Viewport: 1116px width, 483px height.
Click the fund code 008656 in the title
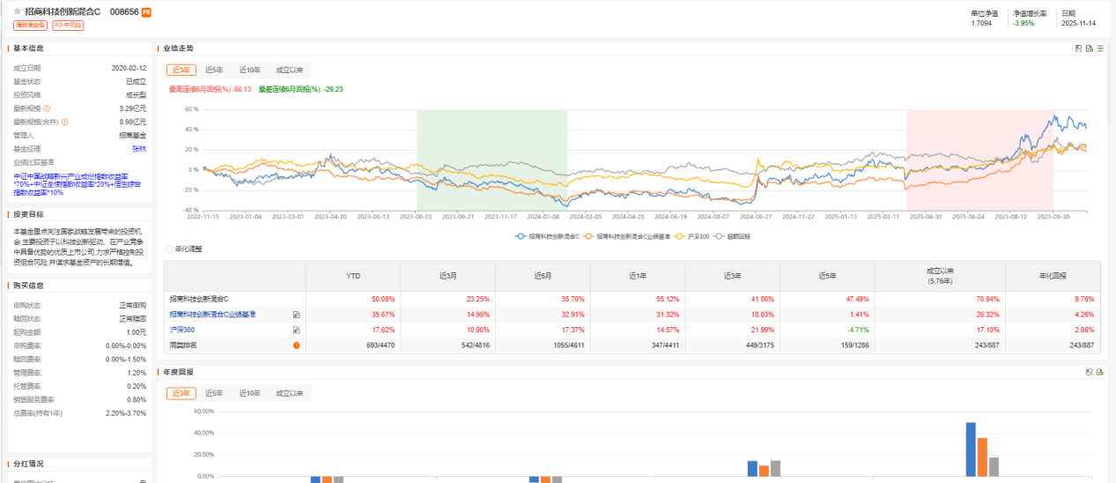124,12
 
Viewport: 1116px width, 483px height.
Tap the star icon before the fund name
18,12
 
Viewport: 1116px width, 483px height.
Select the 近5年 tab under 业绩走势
214,70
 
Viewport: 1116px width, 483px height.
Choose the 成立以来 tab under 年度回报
289,393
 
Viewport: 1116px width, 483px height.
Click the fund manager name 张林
139,148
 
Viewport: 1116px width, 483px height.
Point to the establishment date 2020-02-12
129,67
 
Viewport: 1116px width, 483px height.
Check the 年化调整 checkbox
169,249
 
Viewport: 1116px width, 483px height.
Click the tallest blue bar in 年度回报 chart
971,450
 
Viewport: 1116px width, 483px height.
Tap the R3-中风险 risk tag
67,26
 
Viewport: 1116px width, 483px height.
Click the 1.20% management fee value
137,373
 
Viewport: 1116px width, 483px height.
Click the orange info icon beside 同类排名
296,345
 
